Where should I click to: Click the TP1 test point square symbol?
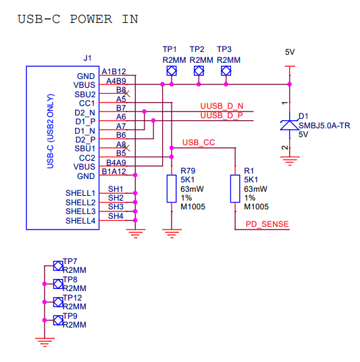click(x=172, y=71)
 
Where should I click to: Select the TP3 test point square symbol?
click(x=226, y=71)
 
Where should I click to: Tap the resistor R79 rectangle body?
click(x=172, y=189)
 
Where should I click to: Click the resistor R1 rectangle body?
click(x=235, y=189)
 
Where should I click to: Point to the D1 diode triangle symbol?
click(x=290, y=125)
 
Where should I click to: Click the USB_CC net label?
click(x=199, y=143)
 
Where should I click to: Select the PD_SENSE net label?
click(x=267, y=224)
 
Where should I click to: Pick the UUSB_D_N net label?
click(x=222, y=106)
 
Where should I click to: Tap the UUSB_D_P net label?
click(x=222, y=115)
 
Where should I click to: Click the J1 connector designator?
click(x=88, y=58)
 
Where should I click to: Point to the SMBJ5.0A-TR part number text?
click(x=324, y=126)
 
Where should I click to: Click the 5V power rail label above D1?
click(x=290, y=52)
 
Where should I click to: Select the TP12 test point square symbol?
click(x=58, y=302)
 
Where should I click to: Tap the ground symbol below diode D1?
click(x=290, y=161)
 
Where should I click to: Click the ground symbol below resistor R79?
click(x=172, y=234)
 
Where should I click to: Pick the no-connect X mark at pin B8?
click(x=127, y=94)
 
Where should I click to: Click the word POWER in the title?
click(x=91, y=19)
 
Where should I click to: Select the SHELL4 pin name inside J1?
click(x=80, y=221)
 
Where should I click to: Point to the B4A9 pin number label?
click(x=116, y=163)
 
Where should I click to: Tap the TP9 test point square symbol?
click(x=58, y=320)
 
